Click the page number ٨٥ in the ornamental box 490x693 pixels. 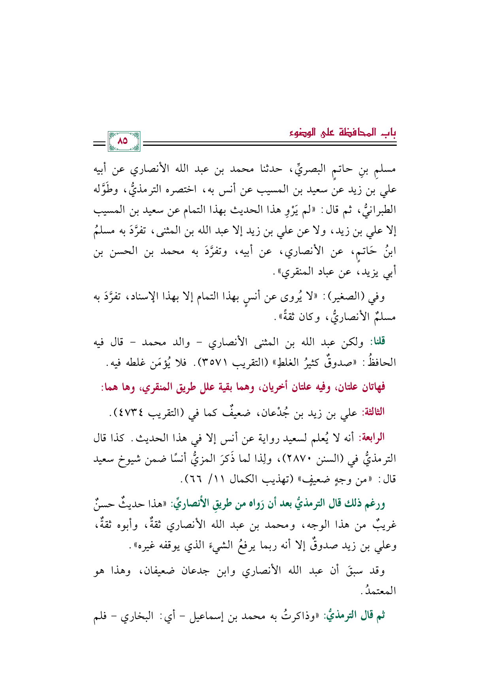click(123, 141)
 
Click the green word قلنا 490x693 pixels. click(377, 342)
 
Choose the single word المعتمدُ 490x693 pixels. click(380, 591)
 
